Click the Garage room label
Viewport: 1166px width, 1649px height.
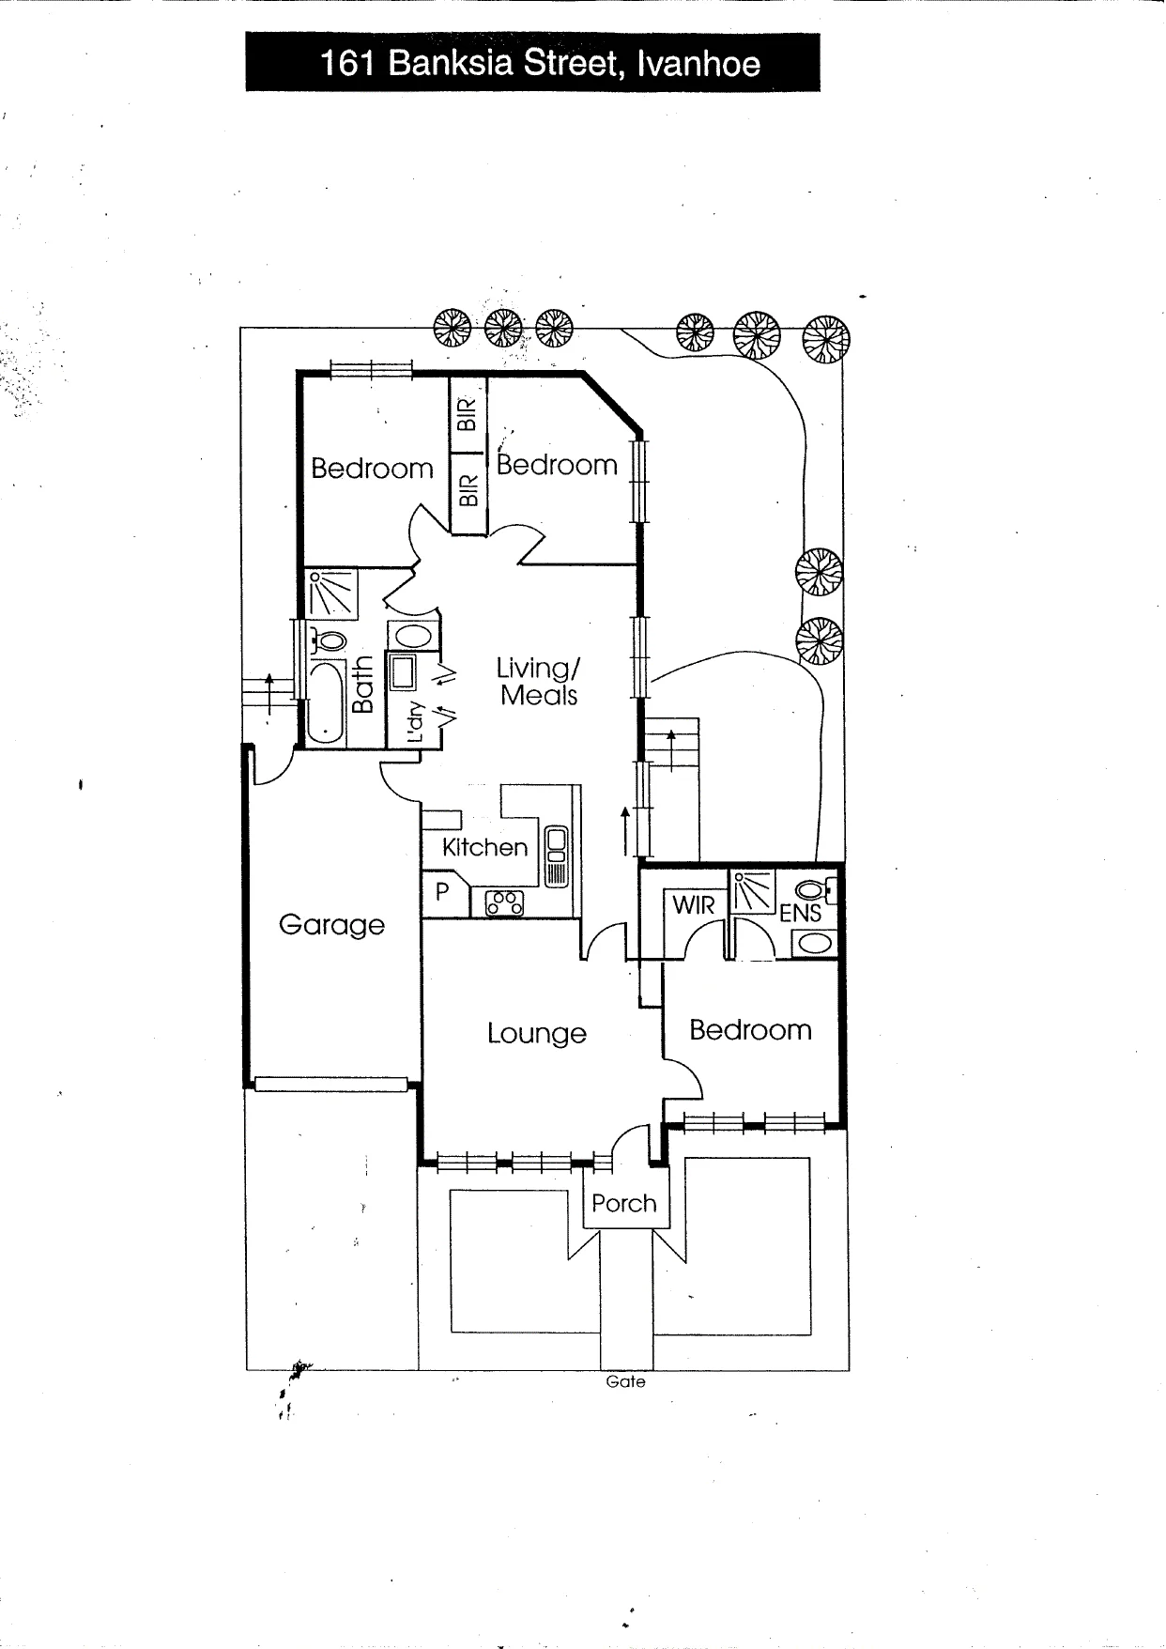[x=331, y=925]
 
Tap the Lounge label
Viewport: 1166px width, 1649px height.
[x=536, y=1034]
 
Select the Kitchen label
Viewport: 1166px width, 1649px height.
[x=484, y=847]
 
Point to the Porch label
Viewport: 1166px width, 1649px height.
[x=624, y=1203]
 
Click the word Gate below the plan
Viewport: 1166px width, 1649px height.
[x=626, y=1381]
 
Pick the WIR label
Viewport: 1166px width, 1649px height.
[x=694, y=905]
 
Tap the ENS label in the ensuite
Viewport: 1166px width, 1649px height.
[x=801, y=913]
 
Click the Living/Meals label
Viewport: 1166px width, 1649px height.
[x=539, y=682]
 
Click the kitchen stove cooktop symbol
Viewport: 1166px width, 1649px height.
[x=504, y=903]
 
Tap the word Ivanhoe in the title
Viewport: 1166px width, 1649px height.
[x=698, y=64]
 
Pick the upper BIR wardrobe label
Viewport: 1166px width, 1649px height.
[x=468, y=414]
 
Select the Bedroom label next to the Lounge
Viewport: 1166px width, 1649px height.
[x=750, y=1030]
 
